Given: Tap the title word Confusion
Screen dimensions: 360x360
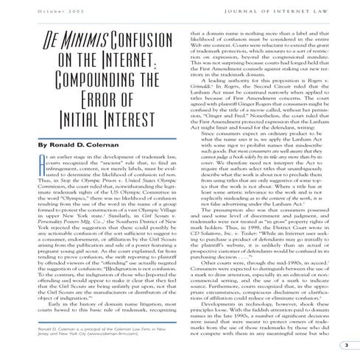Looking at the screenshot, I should [144, 38].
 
